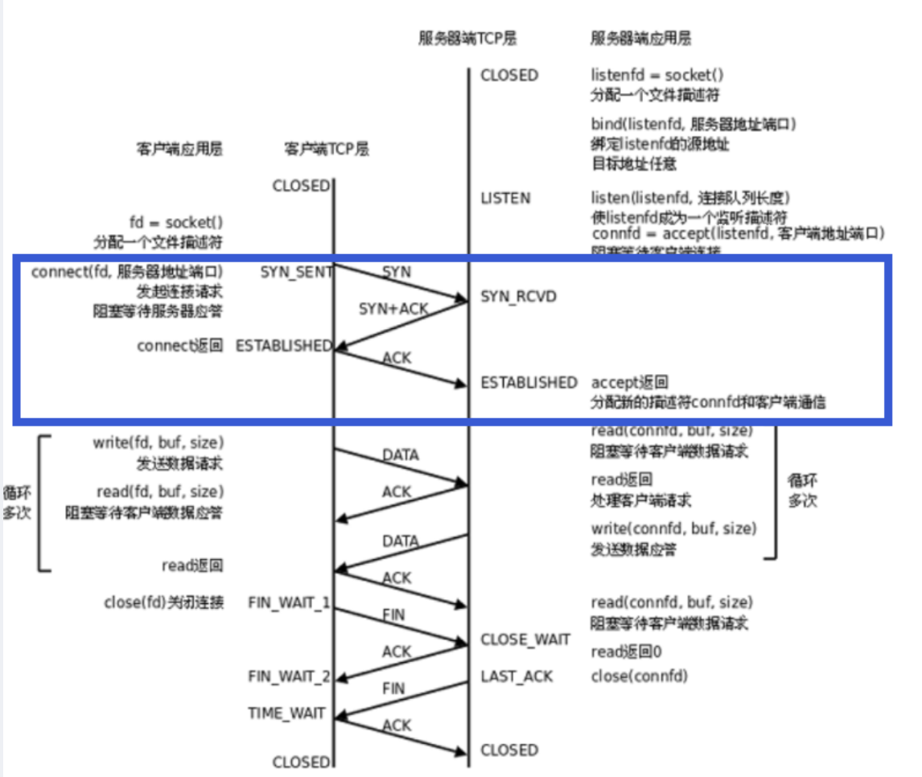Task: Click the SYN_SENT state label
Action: point(296,273)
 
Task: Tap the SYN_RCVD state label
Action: point(518,297)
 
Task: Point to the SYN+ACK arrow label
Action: point(393,308)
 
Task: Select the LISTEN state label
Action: point(505,198)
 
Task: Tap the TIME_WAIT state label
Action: point(287,713)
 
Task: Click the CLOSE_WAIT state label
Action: point(525,640)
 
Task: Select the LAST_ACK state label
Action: point(517,676)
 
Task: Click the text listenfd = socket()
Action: point(657,75)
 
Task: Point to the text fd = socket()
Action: point(176,222)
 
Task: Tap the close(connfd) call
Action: point(640,676)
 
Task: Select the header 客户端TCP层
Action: point(327,149)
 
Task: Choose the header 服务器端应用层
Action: point(640,38)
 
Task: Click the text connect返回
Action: point(179,346)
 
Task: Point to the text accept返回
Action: point(629,382)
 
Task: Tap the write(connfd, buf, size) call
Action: point(673,528)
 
